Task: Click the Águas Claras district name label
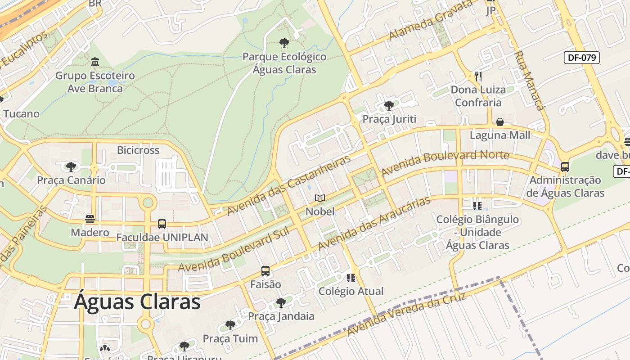(x=137, y=301)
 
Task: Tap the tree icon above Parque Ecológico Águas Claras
(x=284, y=43)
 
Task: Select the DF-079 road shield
(x=581, y=58)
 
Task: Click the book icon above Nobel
(x=320, y=198)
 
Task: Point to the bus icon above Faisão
(x=265, y=271)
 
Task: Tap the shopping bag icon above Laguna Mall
(x=499, y=122)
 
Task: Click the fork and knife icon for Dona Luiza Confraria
(x=478, y=76)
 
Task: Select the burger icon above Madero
(x=90, y=219)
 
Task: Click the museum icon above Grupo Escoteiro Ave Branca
(x=95, y=62)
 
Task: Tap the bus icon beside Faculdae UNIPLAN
(x=162, y=224)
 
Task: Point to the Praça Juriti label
(x=389, y=119)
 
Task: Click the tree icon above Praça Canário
(x=71, y=167)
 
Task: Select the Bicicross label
(x=138, y=150)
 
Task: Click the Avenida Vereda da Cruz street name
(x=406, y=314)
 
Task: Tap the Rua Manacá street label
(x=529, y=81)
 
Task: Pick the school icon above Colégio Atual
(x=351, y=278)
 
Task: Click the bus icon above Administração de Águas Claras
(x=565, y=167)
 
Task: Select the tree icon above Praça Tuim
(x=230, y=325)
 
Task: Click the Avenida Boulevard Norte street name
(x=445, y=163)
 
